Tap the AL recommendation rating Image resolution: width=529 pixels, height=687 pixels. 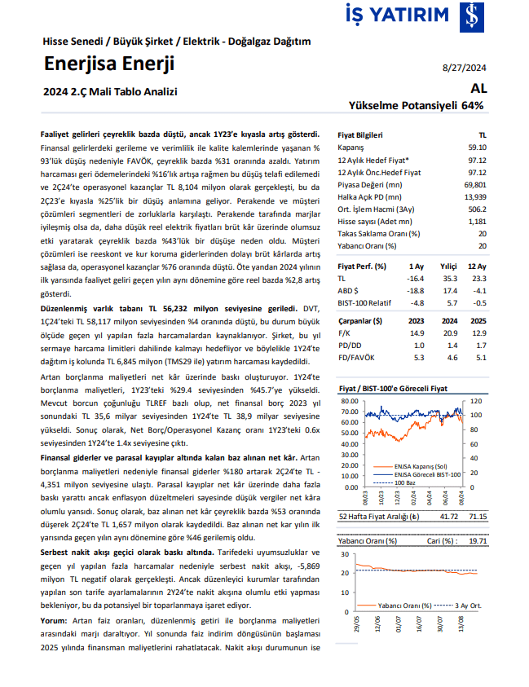[478, 89]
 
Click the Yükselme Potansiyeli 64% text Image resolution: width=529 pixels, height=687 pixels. [416, 106]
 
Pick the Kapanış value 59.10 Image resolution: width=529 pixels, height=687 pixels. [477, 148]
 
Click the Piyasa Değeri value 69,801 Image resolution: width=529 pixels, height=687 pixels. [474, 187]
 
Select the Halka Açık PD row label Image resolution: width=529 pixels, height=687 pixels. [369, 196]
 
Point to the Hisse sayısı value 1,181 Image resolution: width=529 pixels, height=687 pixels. [477, 222]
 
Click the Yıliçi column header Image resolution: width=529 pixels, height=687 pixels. [447, 266]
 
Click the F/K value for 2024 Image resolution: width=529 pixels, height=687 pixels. [447, 333]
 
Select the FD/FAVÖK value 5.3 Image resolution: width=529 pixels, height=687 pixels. [416, 357]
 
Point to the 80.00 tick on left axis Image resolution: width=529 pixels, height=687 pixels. [349, 401]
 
